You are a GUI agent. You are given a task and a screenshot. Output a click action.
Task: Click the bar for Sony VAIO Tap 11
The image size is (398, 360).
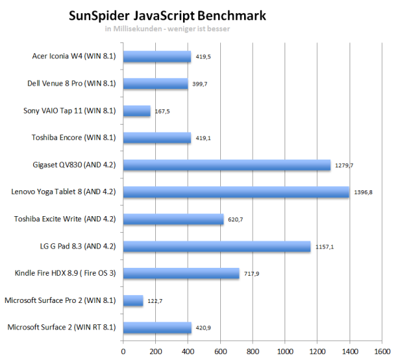[137, 111]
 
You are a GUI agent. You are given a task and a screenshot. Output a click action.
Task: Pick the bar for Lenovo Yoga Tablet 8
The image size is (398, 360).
[236, 192]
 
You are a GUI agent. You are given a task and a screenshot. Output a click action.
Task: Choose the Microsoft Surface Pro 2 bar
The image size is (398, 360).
[133, 300]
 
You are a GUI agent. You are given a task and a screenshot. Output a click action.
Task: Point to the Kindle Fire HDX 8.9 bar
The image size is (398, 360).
[181, 273]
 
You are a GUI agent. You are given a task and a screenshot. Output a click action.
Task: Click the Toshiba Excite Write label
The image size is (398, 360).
[65, 219]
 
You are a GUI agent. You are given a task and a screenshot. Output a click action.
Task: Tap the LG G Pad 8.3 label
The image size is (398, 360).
[77, 246]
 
